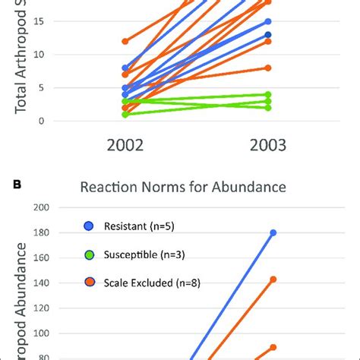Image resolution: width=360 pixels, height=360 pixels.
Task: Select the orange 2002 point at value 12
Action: point(125,41)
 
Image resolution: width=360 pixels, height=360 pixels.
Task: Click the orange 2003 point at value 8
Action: point(268,68)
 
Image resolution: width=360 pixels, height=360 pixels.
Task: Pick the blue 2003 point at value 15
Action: point(268,21)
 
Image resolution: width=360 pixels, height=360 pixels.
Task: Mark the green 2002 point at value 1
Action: point(125,114)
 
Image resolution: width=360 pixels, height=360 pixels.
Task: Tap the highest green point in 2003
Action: point(268,94)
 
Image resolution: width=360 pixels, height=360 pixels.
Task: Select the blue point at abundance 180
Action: point(273,232)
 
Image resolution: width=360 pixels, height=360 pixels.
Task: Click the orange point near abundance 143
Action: point(273,279)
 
